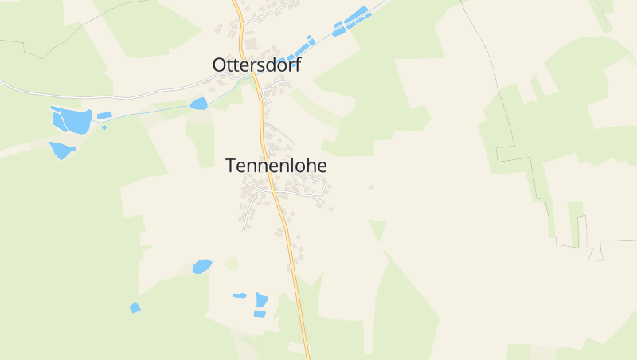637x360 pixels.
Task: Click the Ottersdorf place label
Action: tap(256, 65)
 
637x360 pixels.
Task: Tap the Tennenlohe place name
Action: tap(276, 166)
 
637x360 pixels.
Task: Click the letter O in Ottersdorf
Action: tap(220, 65)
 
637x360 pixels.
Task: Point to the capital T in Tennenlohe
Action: tap(231, 166)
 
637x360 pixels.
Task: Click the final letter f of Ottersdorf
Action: tap(298, 65)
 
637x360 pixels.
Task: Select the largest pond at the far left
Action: tap(76, 121)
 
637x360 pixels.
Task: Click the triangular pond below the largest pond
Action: tap(61, 150)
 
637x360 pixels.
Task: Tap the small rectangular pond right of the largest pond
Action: tap(104, 116)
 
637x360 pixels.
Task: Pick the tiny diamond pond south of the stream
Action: tap(104, 127)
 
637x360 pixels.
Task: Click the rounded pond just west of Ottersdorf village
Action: tap(198, 104)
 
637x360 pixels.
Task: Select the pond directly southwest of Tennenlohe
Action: tap(202, 266)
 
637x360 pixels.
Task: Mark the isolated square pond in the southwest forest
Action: tap(135, 307)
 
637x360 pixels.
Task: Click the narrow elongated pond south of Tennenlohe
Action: tap(240, 295)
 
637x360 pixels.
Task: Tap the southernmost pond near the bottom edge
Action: tap(260, 314)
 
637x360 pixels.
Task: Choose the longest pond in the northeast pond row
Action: tap(356, 17)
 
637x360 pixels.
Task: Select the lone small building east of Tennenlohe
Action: tap(371, 187)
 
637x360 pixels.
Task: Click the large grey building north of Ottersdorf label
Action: tap(251, 42)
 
